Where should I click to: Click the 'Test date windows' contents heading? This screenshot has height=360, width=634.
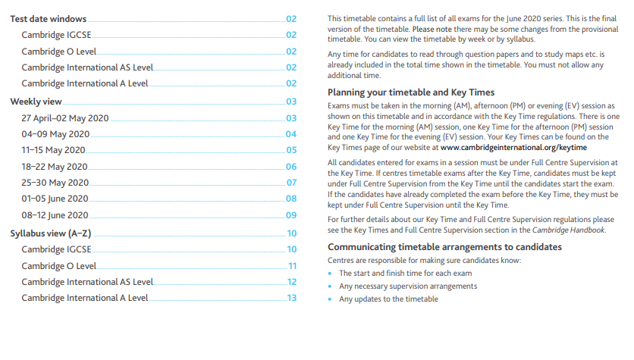click(48, 19)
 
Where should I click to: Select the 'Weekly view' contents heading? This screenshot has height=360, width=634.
click(35, 102)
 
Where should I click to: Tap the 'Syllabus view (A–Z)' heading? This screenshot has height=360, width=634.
click(50, 233)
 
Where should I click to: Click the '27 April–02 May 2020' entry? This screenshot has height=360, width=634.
click(65, 118)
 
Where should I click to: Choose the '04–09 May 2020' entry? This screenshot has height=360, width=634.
click(55, 134)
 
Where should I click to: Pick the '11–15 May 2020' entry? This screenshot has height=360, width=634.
click(53, 151)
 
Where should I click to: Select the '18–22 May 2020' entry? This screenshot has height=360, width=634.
click(55, 167)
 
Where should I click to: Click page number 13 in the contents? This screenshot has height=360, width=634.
click(291, 299)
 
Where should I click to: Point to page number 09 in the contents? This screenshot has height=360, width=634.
click(291, 216)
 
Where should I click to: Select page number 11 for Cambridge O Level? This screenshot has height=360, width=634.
click(292, 266)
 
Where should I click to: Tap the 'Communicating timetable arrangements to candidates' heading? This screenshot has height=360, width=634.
click(444, 247)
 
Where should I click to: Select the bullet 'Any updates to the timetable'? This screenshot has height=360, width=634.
click(388, 299)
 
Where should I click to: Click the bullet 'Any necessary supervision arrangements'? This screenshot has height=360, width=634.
click(407, 286)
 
